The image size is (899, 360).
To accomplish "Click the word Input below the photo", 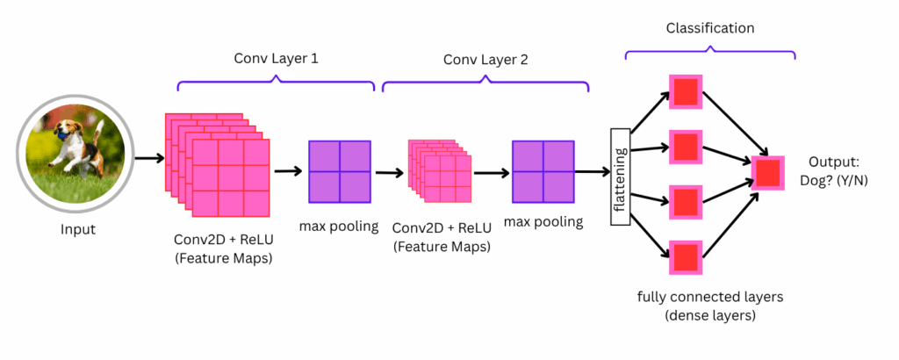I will tap(77, 230).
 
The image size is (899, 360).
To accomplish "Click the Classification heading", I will tap(709, 28).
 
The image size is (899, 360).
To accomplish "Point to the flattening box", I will tap(622, 175).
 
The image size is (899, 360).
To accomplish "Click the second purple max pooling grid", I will tap(543, 170).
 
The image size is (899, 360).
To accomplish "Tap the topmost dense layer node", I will tap(686, 91).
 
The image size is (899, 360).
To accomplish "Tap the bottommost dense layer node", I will tap(686, 257).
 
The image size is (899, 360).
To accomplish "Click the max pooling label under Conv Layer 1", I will tap(339, 227).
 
